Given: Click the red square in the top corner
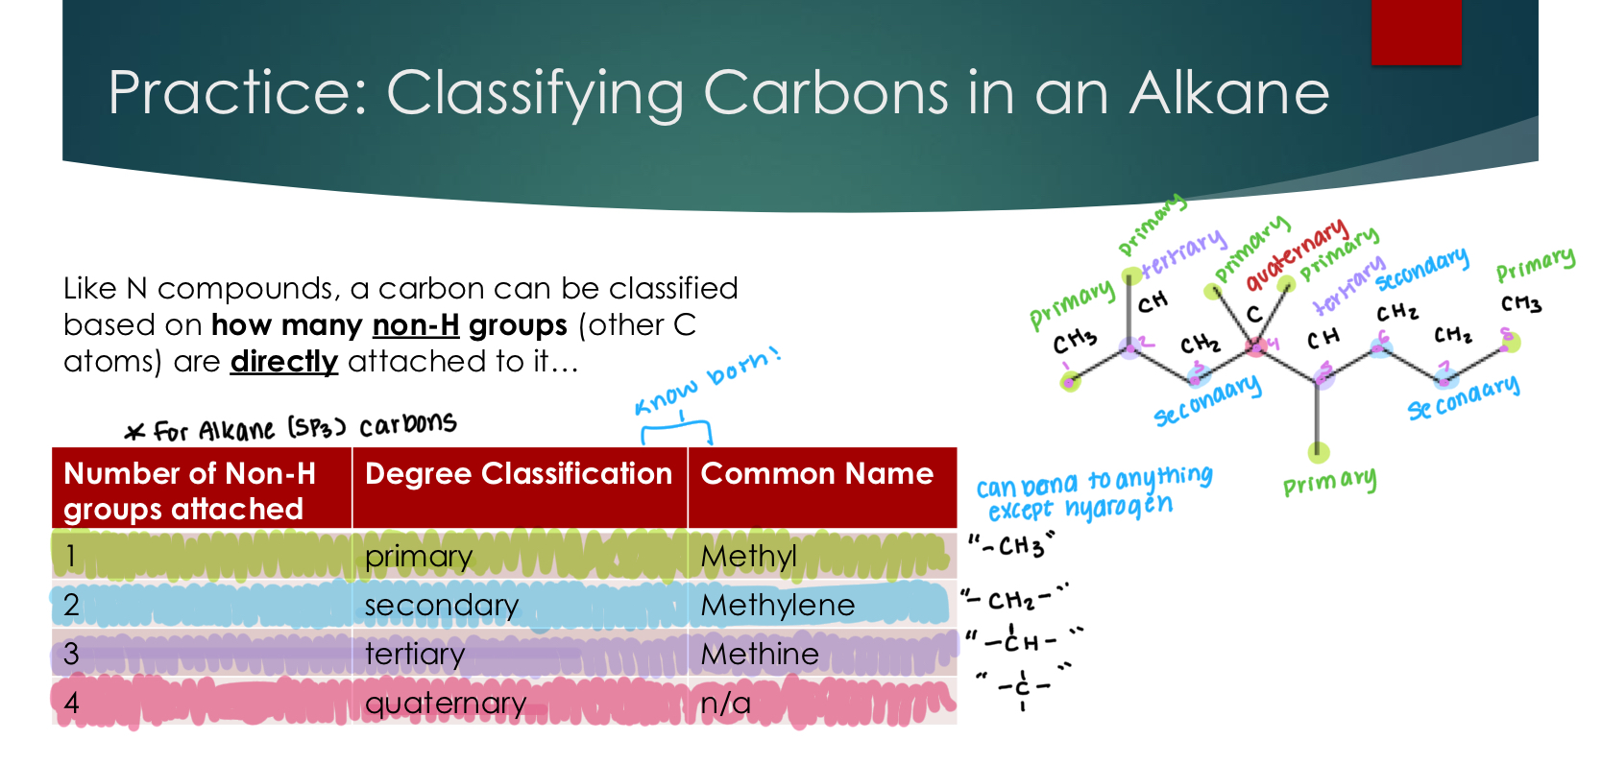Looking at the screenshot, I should [1416, 32].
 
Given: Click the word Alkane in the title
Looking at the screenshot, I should [1228, 94].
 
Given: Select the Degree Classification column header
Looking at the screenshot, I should [519, 474].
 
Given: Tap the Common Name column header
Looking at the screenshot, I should [816, 474].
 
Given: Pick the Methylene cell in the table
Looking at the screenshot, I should [777, 606].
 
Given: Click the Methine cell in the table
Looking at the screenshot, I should [760, 655].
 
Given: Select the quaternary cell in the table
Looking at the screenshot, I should [445, 704].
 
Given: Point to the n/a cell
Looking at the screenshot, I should [725, 704].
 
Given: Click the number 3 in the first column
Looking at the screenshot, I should [71, 655].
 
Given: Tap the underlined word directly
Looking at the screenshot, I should [283, 362].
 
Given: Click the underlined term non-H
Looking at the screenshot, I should [415, 325].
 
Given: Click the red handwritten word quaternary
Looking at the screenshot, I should [1297, 253].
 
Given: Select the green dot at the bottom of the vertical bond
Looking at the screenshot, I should [1319, 452].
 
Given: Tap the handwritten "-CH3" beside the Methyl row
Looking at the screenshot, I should [1011, 546].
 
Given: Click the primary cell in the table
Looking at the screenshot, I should [418, 558].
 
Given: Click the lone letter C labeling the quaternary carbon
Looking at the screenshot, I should [1253, 315].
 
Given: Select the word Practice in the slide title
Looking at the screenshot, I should [237, 94].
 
